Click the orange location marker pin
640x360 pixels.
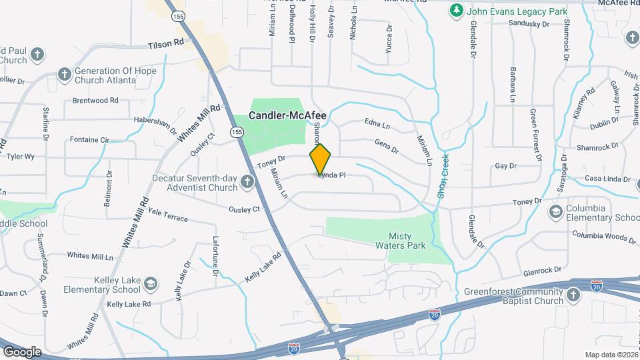[320, 159]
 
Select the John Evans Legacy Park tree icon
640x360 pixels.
[456, 11]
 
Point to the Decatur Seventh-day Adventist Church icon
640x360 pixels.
[247, 182]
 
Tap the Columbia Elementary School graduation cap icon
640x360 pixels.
[555, 212]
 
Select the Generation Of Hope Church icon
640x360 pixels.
[64, 75]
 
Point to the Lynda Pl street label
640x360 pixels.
[331, 175]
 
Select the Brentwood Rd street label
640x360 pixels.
[95, 101]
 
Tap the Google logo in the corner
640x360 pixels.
[22, 351]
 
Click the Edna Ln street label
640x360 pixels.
[377, 125]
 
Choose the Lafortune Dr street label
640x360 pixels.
[215, 257]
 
